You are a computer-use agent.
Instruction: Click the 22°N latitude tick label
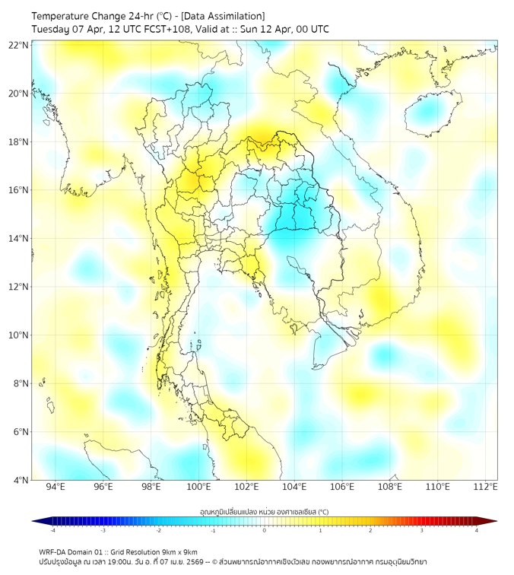click(19, 45)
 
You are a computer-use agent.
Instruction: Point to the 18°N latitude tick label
click(19, 141)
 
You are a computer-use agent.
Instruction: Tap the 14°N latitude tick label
click(19, 238)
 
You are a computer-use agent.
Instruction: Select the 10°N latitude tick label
click(19, 335)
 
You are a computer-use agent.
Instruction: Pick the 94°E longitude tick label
click(56, 487)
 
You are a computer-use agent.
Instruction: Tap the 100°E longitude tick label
click(199, 487)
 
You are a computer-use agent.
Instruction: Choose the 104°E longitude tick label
click(294, 487)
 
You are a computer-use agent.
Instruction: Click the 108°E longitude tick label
click(390, 487)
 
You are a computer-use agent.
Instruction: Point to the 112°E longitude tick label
click(486, 487)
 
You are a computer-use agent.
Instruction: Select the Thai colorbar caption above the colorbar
click(264, 511)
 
